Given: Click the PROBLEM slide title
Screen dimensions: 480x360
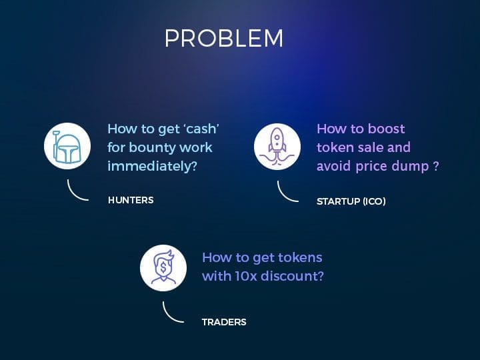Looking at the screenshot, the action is [x=224, y=38].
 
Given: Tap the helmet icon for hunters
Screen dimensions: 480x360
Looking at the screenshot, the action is [x=67, y=146].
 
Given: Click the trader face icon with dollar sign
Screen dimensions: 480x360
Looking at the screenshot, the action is [x=163, y=268].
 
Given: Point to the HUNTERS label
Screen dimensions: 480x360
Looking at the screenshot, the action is [x=131, y=200].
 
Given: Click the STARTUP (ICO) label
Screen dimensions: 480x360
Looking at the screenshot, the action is [x=351, y=201].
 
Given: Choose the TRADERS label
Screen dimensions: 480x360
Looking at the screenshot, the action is [x=224, y=322].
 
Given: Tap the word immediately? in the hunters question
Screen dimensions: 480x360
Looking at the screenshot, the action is [x=152, y=166].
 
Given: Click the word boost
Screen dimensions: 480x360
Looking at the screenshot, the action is [x=386, y=129].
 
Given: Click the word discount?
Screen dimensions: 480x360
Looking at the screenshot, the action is [x=292, y=276].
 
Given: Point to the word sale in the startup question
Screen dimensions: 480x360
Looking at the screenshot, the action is [x=370, y=147].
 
